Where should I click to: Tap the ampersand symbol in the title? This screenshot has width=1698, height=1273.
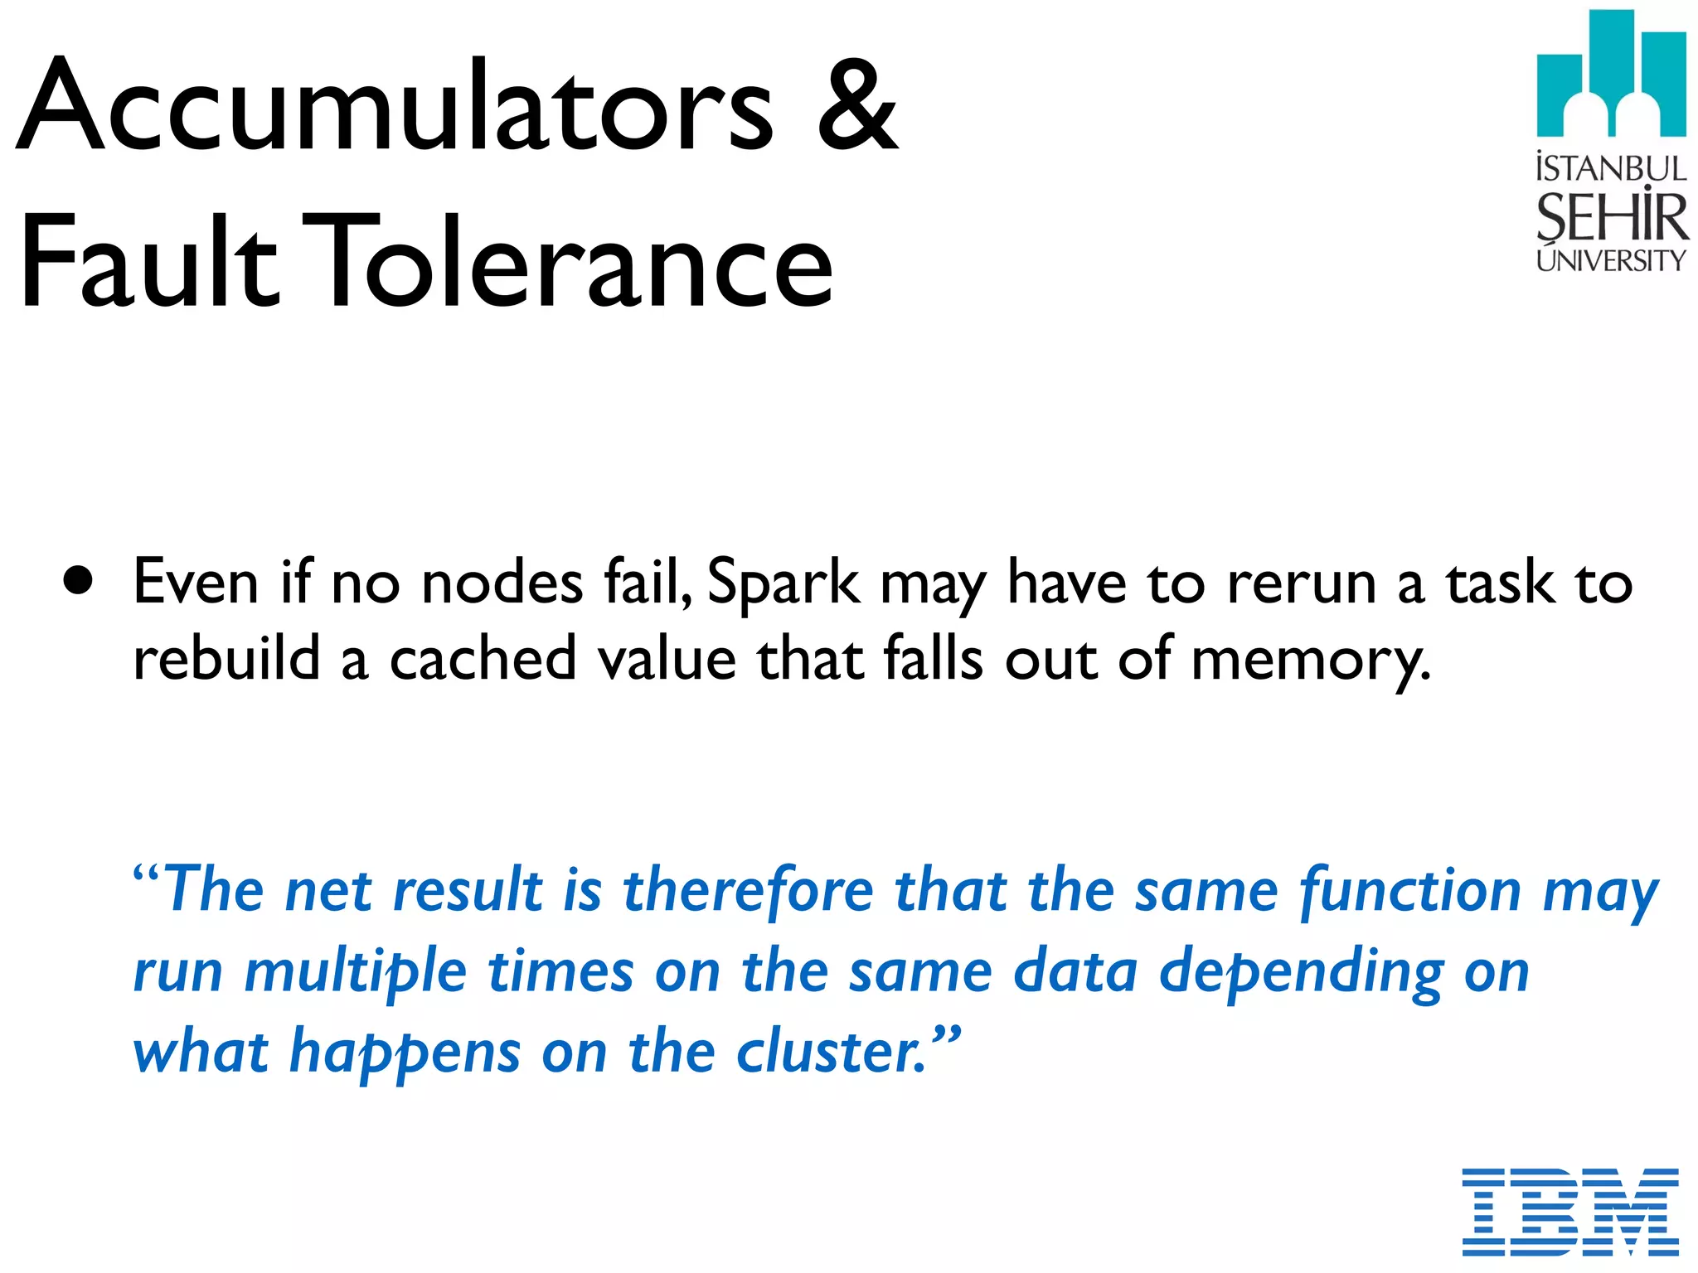click(x=857, y=106)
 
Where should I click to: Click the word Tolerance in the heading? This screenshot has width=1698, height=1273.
click(x=572, y=260)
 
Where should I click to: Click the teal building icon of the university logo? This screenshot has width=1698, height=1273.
click(x=1611, y=75)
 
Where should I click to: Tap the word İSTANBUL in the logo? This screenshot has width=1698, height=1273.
click(x=1611, y=169)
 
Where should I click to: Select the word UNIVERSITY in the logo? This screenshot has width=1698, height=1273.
click(x=1611, y=260)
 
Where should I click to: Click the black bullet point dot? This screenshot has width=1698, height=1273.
click(x=78, y=582)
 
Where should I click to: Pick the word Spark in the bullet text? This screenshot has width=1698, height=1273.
click(x=784, y=583)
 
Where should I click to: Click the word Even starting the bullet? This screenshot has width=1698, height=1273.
click(x=196, y=582)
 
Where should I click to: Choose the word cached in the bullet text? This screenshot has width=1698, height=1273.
click(x=483, y=658)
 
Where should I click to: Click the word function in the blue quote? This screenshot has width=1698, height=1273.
click(x=1410, y=892)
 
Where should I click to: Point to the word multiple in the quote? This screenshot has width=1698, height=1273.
click(x=356, y=973)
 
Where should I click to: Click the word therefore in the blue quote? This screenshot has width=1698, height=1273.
click(x=749, y=890)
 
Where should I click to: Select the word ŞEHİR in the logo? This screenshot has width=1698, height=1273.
click(x=1611, y=217)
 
